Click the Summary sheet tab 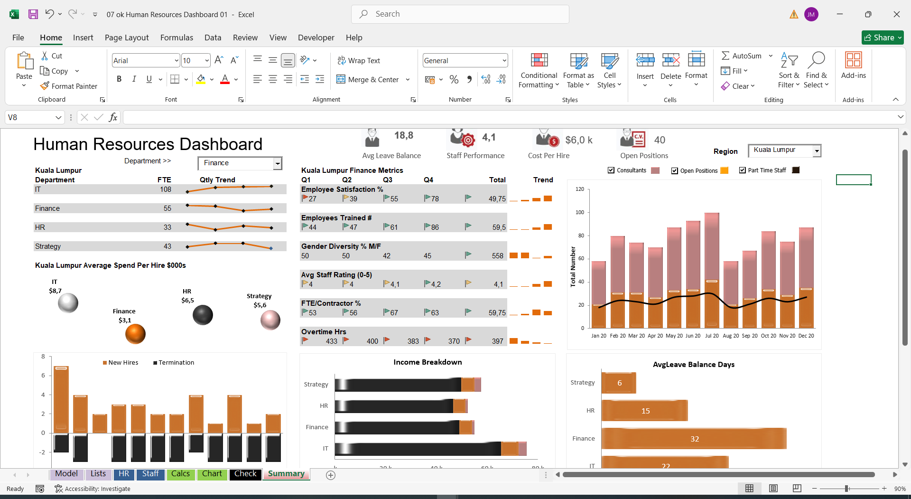coord(286,474)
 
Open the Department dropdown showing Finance coord(278,163)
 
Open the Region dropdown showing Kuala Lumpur coord(817,151)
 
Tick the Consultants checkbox coord(611,170)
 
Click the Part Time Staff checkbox coord(743,170)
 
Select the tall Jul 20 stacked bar coord(712,270)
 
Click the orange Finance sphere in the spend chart coord(135,334)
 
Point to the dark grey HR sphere coord(203,315)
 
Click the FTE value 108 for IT coord(166,189)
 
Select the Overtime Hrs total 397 coord(497,341)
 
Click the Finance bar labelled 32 coord(694,439)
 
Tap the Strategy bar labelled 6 coord(619,383)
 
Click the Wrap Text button coord(359,61)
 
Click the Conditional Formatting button coord(539,71)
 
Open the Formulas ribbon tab coord(177,38)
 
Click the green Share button coord(883,38)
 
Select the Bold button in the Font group coord(119,79)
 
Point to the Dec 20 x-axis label coord(806,336)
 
